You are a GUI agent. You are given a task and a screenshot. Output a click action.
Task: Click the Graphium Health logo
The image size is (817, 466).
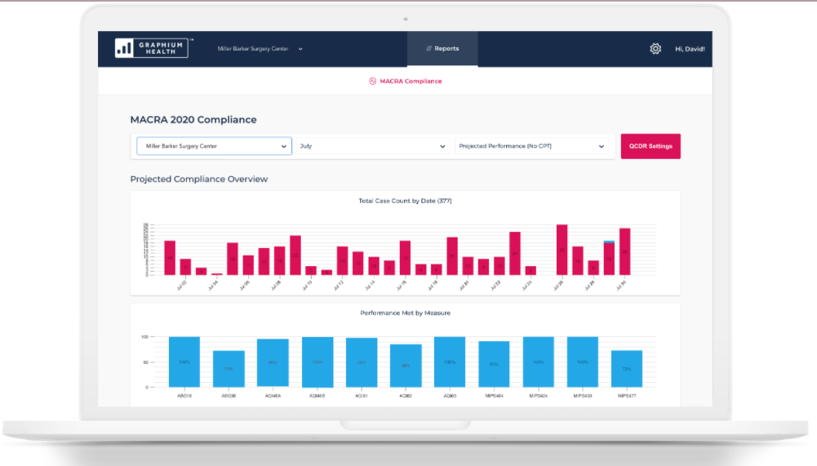(153, 48)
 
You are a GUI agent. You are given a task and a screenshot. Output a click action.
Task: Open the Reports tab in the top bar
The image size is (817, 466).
(442, 49)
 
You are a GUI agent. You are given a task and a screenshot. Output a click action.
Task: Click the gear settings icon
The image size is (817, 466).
(655, 49)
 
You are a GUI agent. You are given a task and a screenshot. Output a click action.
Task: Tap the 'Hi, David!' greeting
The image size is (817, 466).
(690, 49)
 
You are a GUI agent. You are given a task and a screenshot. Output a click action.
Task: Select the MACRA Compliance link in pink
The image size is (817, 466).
(406, 82)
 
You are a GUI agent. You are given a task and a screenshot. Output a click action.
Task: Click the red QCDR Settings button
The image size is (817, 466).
(650, 146)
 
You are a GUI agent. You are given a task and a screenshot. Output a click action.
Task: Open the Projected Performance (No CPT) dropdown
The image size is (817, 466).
(532, 146)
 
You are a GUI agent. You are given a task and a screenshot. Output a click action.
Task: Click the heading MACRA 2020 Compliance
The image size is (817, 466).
(193, 120)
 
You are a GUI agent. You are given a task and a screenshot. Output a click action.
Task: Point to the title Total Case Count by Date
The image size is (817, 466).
(405, 201)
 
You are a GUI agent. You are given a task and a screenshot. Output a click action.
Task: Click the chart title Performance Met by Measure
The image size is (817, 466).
(405, 313)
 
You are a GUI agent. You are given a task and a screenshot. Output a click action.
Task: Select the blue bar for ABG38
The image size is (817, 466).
(229, 369)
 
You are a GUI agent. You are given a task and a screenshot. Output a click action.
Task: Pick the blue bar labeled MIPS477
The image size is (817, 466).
(626, 369)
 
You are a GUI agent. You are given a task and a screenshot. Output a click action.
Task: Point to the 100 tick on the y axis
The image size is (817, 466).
(144, 336)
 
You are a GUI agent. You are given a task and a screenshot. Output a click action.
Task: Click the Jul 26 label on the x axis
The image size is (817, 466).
(559, 285)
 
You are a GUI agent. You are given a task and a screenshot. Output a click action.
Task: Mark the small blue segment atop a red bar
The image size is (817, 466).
(609, 242)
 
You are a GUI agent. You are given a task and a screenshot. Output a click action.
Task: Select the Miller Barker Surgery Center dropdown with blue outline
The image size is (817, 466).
(213, 146)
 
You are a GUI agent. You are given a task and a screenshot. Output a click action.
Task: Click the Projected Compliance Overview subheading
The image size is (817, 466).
(199, 179)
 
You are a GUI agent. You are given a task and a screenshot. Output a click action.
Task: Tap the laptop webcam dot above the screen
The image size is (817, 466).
(406, 18)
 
